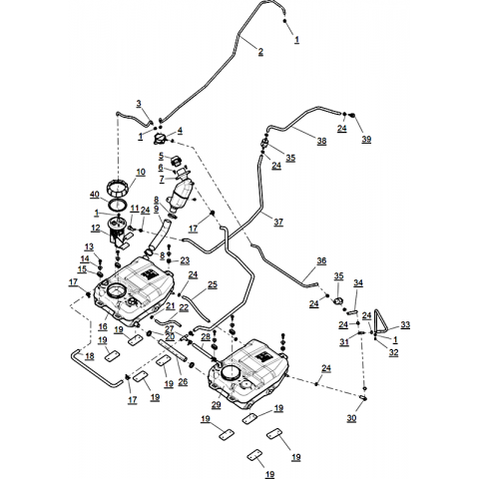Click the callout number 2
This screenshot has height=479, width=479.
[x=260, y=52]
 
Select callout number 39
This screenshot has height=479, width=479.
[x=366, y=139]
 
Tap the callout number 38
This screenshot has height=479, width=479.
[x=321, y=141]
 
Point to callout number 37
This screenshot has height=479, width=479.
[x=278, y=222]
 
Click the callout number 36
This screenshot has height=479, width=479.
[x=321, y=260]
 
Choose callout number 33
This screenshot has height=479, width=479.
[x=405, y=324]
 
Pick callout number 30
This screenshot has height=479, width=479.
[x=351, y=418]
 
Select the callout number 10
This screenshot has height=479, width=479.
[x=141, y=172]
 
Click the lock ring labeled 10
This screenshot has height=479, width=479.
[x=117, y=190]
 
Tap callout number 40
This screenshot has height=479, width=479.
[x=95, y=195]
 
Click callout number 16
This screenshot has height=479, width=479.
[x=103, y=326]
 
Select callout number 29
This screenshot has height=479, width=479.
[x=217, y=405]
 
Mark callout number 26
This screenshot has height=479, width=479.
[x=183, y=381]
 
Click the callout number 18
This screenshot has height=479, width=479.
[x=90, y=356]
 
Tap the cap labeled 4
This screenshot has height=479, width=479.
[x=160, y=139]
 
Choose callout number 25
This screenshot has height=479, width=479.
[x=213, y=284]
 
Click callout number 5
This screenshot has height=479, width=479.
[x=162, y=156]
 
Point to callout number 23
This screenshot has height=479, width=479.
[x=185, y=260]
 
